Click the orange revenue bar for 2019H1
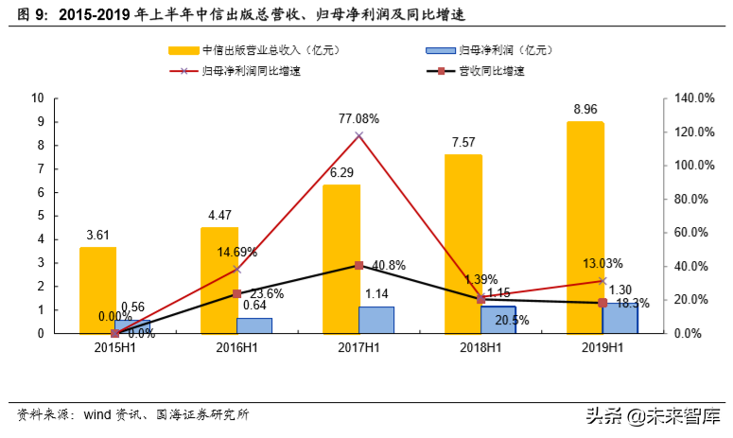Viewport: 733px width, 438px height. (585, 227)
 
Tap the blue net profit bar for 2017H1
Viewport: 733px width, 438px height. (375, 319)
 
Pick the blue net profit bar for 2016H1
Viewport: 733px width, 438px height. (253, 324)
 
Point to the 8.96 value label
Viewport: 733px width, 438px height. (585, 110)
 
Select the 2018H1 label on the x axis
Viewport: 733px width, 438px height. (480, 348)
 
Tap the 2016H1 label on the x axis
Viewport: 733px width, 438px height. (236, 348)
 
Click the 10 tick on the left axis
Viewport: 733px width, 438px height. (39, 97)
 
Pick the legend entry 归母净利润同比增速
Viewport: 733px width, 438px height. (249, 71)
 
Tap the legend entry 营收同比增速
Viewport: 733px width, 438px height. (490, 71)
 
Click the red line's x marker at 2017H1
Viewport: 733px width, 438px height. (358, 135)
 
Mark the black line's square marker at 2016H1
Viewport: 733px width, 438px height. (236, 294)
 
